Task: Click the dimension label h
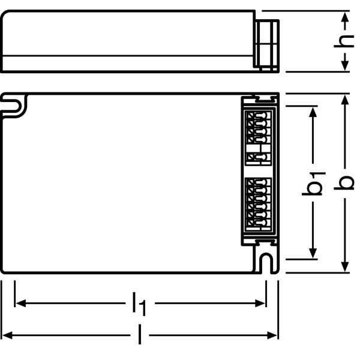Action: (344, 41)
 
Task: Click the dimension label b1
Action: (313, 184)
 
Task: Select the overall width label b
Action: (344, 183)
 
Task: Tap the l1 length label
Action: (140, 304)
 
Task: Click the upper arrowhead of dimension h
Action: (345, 17)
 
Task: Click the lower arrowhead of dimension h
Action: (345, 66)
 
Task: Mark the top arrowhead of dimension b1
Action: (313, 112)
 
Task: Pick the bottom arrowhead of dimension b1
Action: (313, 253)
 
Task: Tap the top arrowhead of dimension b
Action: (345, 100)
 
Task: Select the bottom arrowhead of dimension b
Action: (345, 267)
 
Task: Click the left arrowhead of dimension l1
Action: (20, 303)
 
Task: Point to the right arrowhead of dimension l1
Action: (260, 303)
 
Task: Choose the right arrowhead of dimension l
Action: (272, 335)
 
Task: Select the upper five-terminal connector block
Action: (259, 138)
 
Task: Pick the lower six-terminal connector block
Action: (259, 204)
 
